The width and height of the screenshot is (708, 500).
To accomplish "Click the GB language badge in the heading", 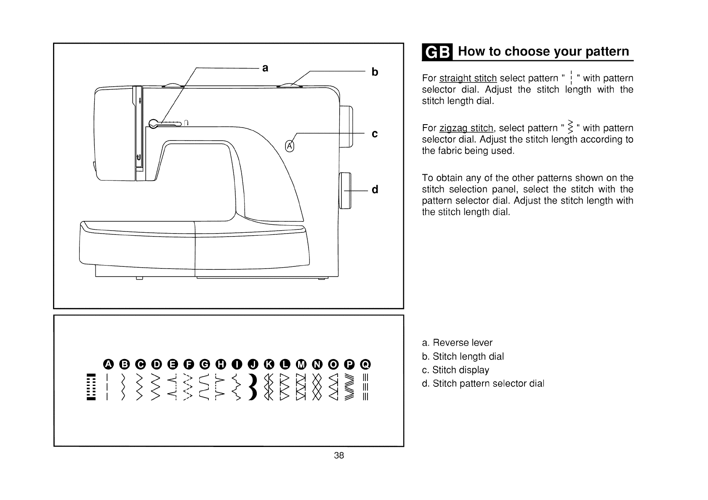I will pyautogui.click(x=438, y=52).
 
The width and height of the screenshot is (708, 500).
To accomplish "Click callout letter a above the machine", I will pyautogui.click(x=265, y=68).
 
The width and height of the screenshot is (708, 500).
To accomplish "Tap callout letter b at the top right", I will pyautogui.click(x=375, y=72).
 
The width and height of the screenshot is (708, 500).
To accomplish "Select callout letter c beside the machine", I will pyautogui.click(x=374, y=134).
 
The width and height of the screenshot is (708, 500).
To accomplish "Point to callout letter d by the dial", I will pyautogui.click(x=375, y=190).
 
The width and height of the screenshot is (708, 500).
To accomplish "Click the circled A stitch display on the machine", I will pyautogui.click(x=290, y=146).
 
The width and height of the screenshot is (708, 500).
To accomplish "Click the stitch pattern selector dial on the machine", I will pyautogui.click(x=346, y=190).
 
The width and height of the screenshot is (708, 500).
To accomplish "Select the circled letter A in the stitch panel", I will pyautogui.click(x=109, y=364).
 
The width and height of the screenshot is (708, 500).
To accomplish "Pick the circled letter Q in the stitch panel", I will pyautogui.click(x=365, y=364).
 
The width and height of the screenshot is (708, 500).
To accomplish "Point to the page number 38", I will pyautogui.click(x=339, y=455).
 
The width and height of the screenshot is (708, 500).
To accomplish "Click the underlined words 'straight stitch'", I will pyautogui.click(x=468, y=78).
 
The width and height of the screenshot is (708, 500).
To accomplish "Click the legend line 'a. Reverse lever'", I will pyautogui.click(x=457, y=343).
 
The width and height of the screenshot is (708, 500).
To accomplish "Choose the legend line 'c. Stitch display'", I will pyautogui.click(x=455, y=370).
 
